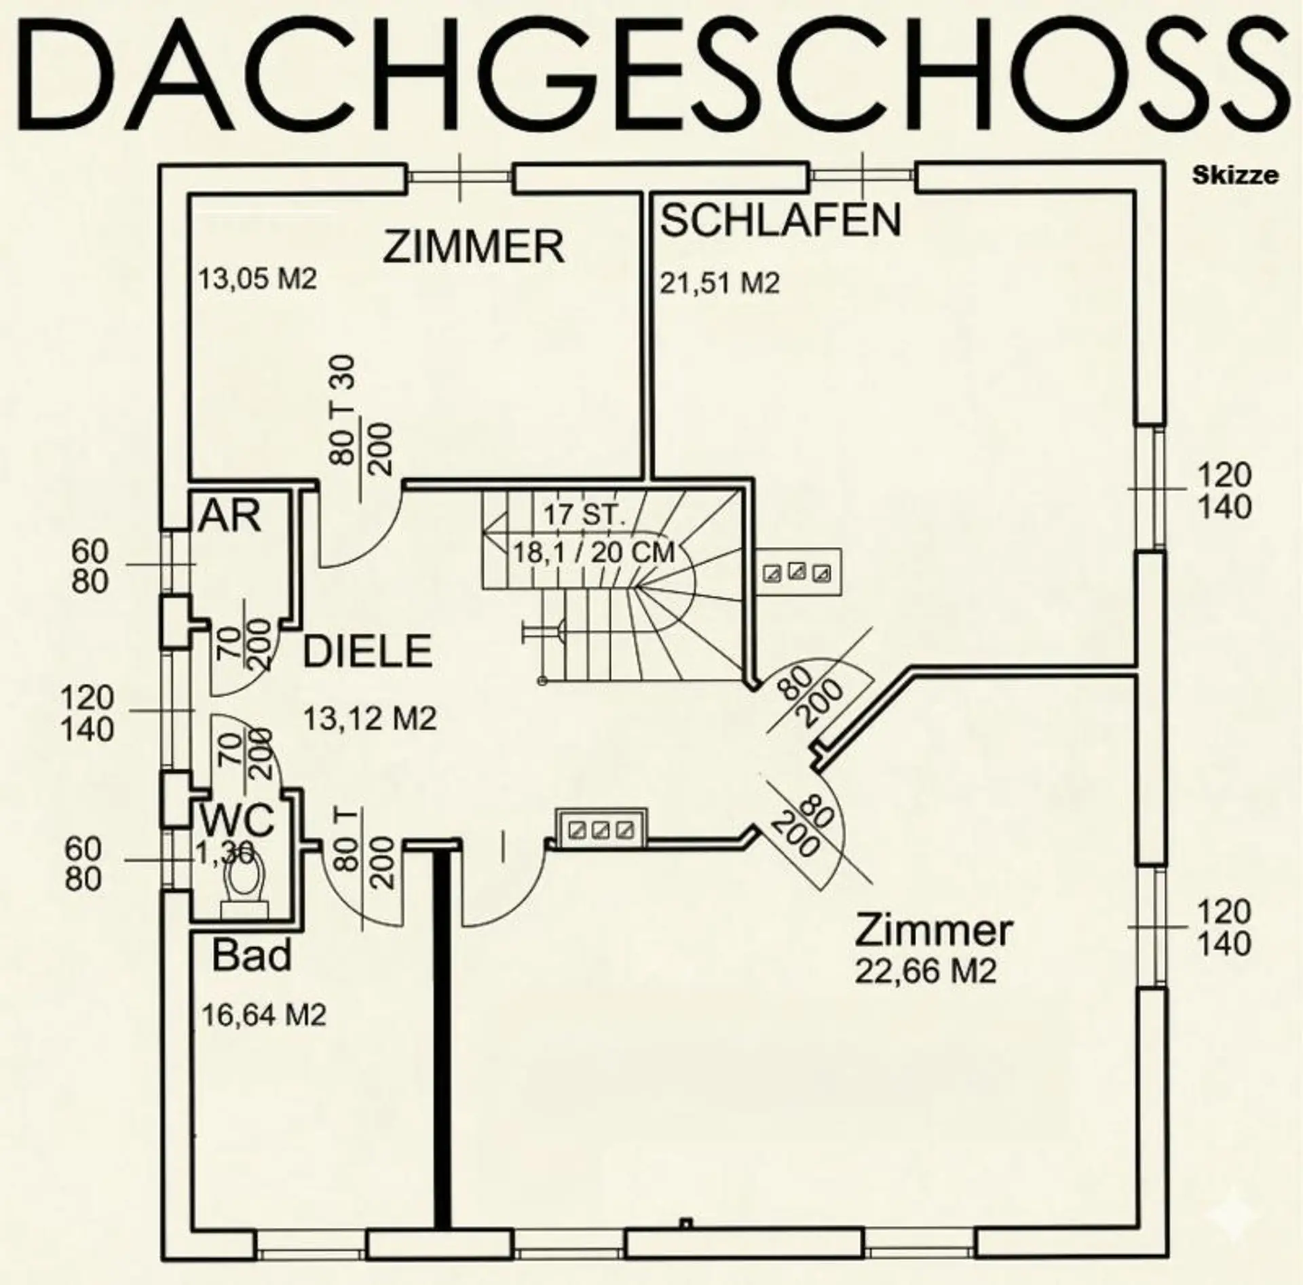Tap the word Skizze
tap(1235, 176)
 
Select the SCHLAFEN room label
tap(781, 220)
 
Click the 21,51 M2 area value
tap(720, 283)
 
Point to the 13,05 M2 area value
tap(257, 279)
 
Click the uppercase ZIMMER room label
tap(474, 246)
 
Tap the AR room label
tap(229, 517)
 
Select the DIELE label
tap(367, 651)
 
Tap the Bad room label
tap(252, 955)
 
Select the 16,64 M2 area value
tap(264, 1015)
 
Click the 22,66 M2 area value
tap(926, 972)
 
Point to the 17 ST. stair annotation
tap(584, 515)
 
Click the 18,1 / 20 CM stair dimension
tap(593, 552)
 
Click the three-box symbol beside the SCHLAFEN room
tap(798, 572)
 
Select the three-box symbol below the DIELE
tap(600, 828)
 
